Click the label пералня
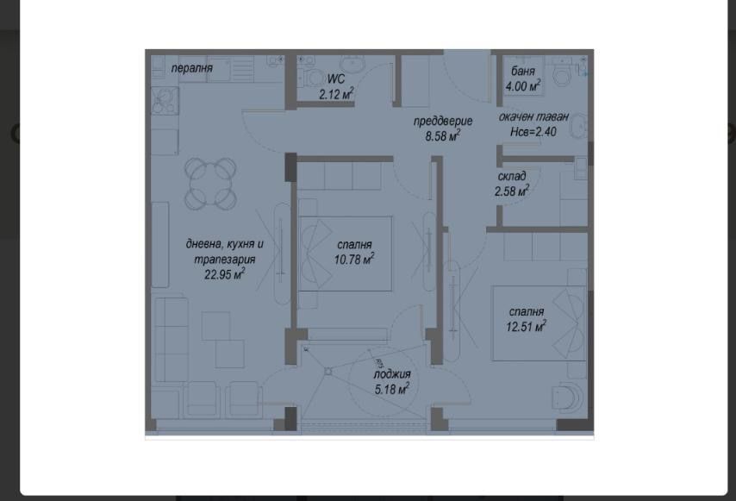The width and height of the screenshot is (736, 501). point(191,68)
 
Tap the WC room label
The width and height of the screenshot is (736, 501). point(335,79)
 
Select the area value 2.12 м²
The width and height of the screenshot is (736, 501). point(336,94)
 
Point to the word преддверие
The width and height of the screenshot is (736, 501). point(443,121)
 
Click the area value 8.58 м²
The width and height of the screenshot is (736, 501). point(443,135)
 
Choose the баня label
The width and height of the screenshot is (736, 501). point(522,71)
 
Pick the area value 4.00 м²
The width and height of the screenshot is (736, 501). point(522,85)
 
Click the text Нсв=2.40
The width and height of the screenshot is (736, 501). point(533,132)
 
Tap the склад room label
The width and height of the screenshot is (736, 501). point(512,177)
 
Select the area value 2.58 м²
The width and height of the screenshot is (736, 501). point(512,191)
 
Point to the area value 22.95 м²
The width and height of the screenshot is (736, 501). point(224,275)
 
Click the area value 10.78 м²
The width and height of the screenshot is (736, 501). point(354,259)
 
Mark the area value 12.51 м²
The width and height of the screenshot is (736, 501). point(527,326)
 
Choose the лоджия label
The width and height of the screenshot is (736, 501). point(391,374)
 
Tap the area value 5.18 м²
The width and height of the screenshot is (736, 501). point(391,389)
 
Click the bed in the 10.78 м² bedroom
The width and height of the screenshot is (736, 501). point(345,254)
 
